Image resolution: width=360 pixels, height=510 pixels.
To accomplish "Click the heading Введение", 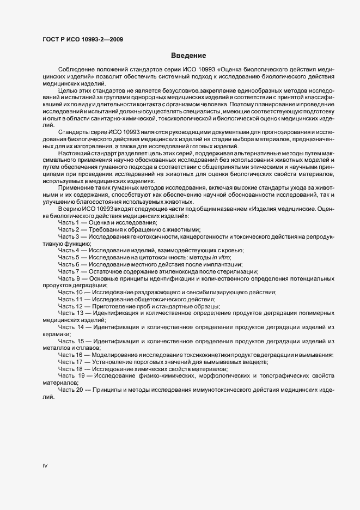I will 188,56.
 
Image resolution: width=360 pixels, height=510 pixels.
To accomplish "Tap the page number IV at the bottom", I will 45,466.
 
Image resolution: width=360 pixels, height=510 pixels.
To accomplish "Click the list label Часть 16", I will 71,355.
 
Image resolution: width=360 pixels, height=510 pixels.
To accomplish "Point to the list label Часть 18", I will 71,369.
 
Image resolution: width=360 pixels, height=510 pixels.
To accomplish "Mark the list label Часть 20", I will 71,390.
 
